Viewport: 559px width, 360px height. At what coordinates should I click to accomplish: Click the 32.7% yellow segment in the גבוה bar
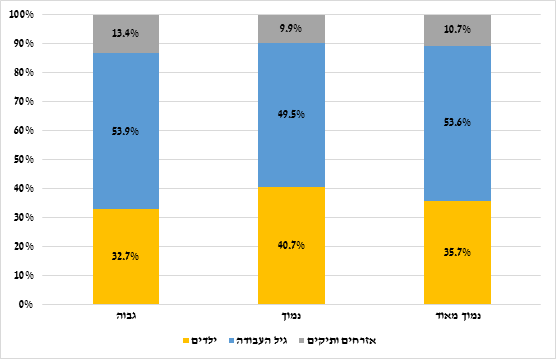[125, 256]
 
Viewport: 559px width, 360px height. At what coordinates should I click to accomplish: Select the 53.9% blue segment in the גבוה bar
[125, 131]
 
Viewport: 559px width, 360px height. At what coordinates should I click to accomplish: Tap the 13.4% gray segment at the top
[125, 34]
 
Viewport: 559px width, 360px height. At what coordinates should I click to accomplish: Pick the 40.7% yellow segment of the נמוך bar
[291, 245]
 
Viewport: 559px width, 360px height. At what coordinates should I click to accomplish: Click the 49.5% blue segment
[291, 115]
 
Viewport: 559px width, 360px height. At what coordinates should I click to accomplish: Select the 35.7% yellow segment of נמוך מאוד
[457, 252]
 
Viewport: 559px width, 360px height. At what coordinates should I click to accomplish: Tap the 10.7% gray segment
[457, 30]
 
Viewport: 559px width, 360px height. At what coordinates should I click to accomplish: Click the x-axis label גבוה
[125, 318]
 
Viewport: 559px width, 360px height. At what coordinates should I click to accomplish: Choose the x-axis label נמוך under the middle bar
[291, 318]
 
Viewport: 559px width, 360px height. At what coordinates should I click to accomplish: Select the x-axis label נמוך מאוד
[457, 318]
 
